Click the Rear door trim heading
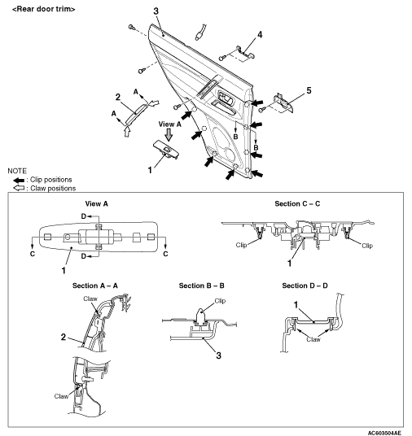[44, 9]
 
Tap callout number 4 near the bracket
[260, 35]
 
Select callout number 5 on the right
[309, 90]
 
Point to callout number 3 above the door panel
[156, 11]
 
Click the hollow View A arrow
[169, 135]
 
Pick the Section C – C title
[297, 204]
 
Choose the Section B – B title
[202, 286]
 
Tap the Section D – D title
[305, 286]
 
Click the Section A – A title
[95, 286]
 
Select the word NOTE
[17, 171]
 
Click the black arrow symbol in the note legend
[19, 181]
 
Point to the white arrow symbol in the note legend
[19, 188]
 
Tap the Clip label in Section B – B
[220, 301]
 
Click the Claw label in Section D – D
[313, 339]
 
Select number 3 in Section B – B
[219, 355]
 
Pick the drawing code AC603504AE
[384, 433]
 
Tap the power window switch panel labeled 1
[166, 150]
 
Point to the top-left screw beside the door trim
[132, 27]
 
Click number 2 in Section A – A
[64, 337]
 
